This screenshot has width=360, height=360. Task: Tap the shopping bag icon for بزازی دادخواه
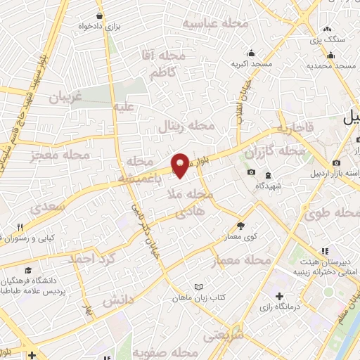(103, 15)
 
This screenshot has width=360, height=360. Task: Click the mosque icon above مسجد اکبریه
(251, 53)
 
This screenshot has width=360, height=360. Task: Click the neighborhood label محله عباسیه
(216, 23)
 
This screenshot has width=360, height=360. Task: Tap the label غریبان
(65, 98)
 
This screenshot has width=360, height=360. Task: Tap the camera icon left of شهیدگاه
(251, 173)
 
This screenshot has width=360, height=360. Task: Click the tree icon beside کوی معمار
(241, 226)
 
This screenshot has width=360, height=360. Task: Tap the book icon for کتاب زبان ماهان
(199, 287)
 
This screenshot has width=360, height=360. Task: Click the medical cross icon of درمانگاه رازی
(281, 296)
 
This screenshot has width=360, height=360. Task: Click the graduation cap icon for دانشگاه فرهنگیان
(27, 270)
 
